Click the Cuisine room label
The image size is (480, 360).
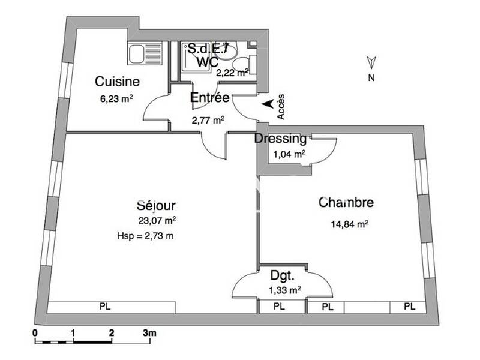(x=118, y=82)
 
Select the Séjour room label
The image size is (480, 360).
(x=156, y=206)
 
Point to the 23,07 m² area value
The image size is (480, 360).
(x=157, y=221)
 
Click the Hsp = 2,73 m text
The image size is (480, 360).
(x=145, y=236)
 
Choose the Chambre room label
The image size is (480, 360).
(x=346, y=203)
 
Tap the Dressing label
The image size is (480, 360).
(x=280, y=139)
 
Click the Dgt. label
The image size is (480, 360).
(x=282, y=277)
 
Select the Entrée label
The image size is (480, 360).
(x=209, y=98)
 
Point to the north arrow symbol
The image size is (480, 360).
(x=371, y=61)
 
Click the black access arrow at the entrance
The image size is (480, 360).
(x=268, y=104)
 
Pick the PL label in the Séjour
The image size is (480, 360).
(x=105, y=307)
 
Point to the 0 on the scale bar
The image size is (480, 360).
(x=35, y=332)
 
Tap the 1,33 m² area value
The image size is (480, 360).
(x=285, y=290)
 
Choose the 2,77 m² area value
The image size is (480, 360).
(x=208, y=120)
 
